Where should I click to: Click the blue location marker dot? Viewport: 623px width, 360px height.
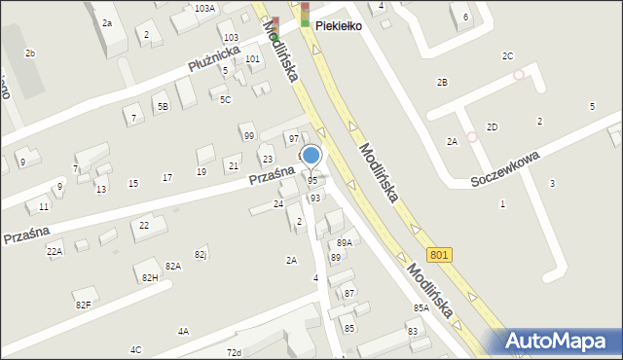coord(311,155)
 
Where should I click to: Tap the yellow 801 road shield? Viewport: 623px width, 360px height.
coord(440,254)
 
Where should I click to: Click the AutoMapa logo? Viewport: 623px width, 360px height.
coord(563,341)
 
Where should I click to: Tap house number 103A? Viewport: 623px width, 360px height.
coord(204,8)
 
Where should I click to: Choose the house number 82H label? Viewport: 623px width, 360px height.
coord(150,278)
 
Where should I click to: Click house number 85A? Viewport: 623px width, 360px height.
coord(421,307)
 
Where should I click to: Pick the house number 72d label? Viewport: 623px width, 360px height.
coord(234,351)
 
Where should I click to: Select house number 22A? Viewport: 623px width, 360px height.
coord(55,251)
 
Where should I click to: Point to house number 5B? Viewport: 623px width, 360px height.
coord(163,107)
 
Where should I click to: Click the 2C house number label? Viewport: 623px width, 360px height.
coord(507,56)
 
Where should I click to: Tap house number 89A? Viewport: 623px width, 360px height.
coord(344,242)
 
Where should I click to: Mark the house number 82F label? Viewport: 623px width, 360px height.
coord(83,305)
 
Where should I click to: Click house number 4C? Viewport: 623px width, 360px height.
coord(136,349)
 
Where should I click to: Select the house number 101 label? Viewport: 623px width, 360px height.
coord(252,59)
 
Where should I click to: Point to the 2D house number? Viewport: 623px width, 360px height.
coord(493,126)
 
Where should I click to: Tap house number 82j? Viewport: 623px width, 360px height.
coord(201,254)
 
